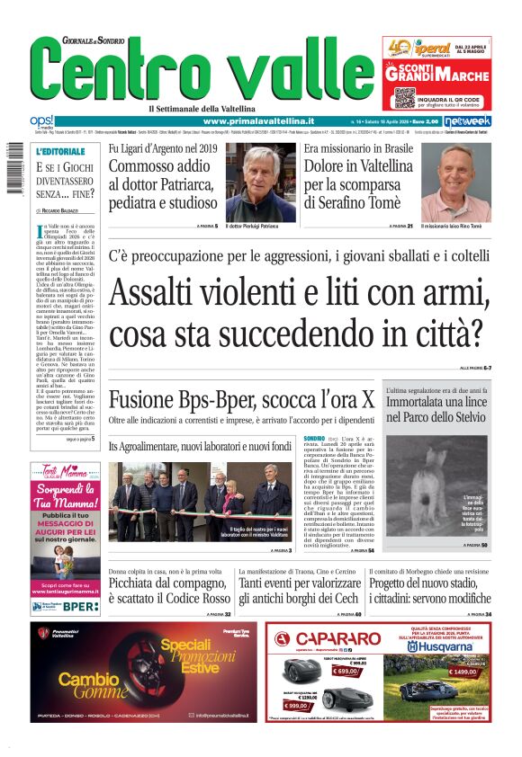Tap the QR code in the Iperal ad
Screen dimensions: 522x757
[404, 97]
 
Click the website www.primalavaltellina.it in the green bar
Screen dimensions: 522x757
[258, 121]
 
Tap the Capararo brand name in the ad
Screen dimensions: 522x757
[330, 640]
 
